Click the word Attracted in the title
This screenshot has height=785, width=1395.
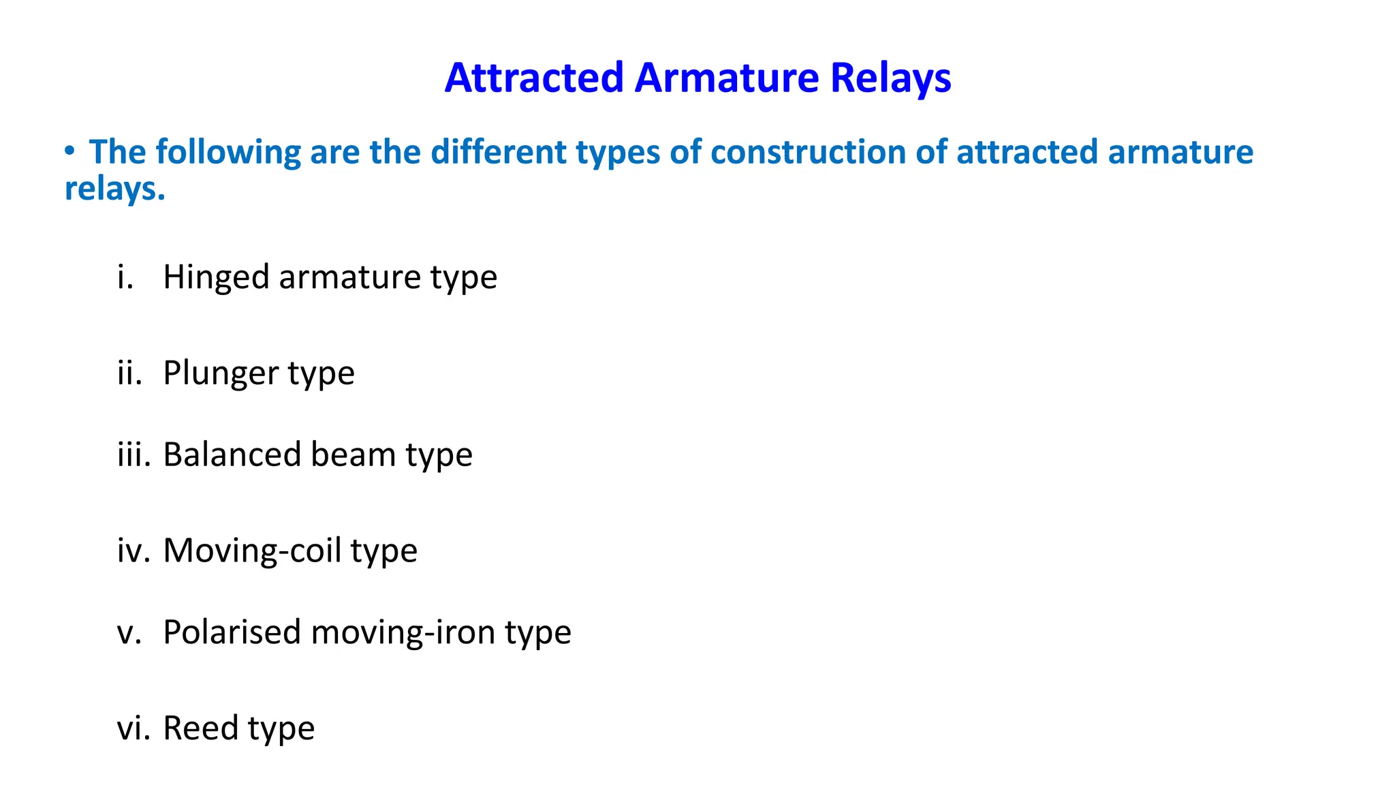[x=534, y=78]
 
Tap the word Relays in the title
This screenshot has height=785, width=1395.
[x=890, y=78]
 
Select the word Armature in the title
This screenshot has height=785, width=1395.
[x=727, y=78]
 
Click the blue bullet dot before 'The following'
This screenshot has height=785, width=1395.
[x=69, y=151]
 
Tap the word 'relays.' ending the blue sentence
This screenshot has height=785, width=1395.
[x=115, y=189]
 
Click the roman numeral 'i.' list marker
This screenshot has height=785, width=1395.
[x=125, y=277]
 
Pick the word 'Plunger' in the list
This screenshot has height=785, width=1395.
[x=221, y=373]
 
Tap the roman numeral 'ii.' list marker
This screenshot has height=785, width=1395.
[x=129, y=373]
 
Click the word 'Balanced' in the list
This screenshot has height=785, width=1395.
[x=232, y=455]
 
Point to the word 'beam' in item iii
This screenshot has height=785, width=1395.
[x=353, y=455]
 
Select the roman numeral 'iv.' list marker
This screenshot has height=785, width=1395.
[x=133, y=551]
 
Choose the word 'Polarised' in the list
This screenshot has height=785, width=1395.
[x=232, y=632]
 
